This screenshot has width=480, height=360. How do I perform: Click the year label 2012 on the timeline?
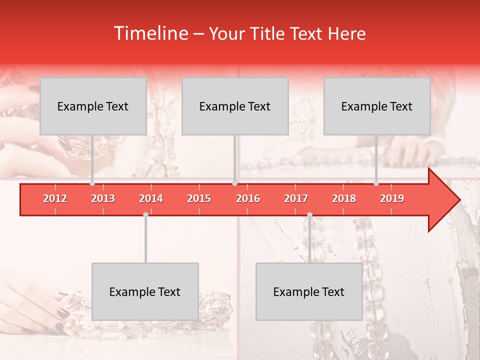55,198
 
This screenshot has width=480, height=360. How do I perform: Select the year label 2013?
103,198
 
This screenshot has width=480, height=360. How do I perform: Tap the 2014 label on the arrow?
151,198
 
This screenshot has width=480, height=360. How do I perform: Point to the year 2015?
199,198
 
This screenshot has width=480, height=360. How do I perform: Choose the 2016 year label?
248,198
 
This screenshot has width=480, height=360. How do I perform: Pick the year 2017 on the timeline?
296,198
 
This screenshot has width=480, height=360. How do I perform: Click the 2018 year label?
344,198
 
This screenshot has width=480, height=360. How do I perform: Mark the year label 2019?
392,198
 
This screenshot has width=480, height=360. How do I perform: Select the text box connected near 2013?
93,106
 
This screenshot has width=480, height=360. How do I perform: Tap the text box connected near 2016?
235,106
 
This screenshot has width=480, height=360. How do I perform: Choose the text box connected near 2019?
377,106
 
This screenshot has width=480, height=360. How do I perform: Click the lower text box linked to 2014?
145,291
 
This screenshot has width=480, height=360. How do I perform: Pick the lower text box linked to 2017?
309,291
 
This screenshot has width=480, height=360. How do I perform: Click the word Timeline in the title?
149,33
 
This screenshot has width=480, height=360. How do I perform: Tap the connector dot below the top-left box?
92,183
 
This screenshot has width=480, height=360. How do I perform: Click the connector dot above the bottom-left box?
145,214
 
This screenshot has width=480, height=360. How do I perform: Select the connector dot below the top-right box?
376,183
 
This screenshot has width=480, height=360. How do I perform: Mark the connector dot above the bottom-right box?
309,214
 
